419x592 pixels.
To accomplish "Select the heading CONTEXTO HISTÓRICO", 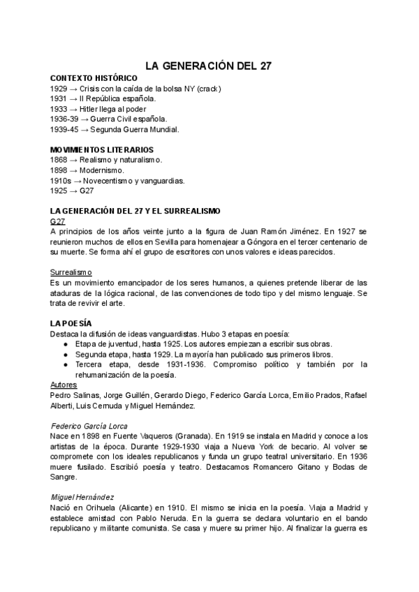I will [89, 79].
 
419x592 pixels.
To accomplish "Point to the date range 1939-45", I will [65, 130].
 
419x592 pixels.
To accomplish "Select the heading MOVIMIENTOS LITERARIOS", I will [102, 150].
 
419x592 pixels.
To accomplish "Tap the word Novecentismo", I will [114, 181].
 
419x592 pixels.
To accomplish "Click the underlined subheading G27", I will [58, 221].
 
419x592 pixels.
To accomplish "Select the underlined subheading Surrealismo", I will [72, 272].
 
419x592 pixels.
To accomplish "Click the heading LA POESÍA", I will [71, 323].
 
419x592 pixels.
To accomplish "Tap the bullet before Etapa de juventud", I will [65, 344].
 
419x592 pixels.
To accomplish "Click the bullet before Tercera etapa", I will [65, 364].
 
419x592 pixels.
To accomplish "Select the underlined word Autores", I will [64, 385].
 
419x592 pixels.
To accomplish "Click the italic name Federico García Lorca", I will [89, 425].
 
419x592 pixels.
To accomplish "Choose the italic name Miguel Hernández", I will [82, 496].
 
